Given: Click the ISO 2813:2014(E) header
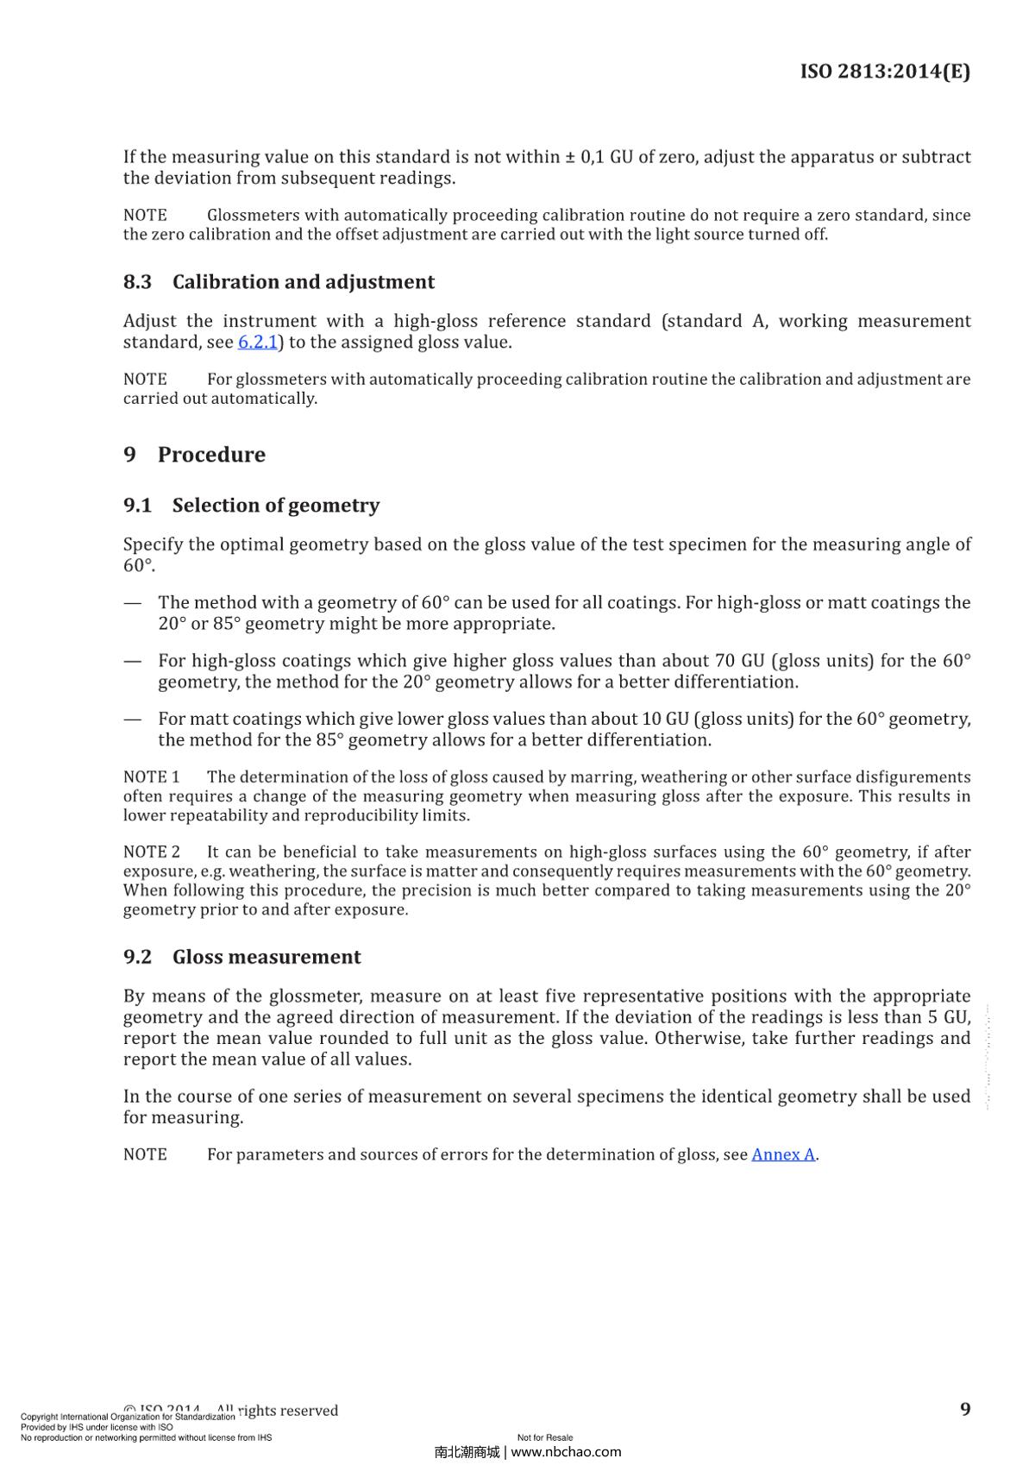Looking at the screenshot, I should tap(885, 72).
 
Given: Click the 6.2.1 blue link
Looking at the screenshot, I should tap(257, 343).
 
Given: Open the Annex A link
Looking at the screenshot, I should tap(782, 1154).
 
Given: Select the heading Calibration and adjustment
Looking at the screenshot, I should tap(303, 282).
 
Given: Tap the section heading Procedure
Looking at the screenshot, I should tap(211, 455).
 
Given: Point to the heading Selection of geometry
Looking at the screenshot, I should tap(275, 506).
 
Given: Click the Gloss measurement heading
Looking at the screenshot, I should tap(266, 957).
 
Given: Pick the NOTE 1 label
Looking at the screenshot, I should tap(151, 777).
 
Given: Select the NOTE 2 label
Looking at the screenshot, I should tap(151, 852).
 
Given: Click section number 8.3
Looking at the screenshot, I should tap(137, 282).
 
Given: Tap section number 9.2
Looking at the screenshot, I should tap(137, 957).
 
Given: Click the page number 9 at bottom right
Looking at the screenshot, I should tap(965, 1409).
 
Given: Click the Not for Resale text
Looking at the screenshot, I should tap(544, 1437).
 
